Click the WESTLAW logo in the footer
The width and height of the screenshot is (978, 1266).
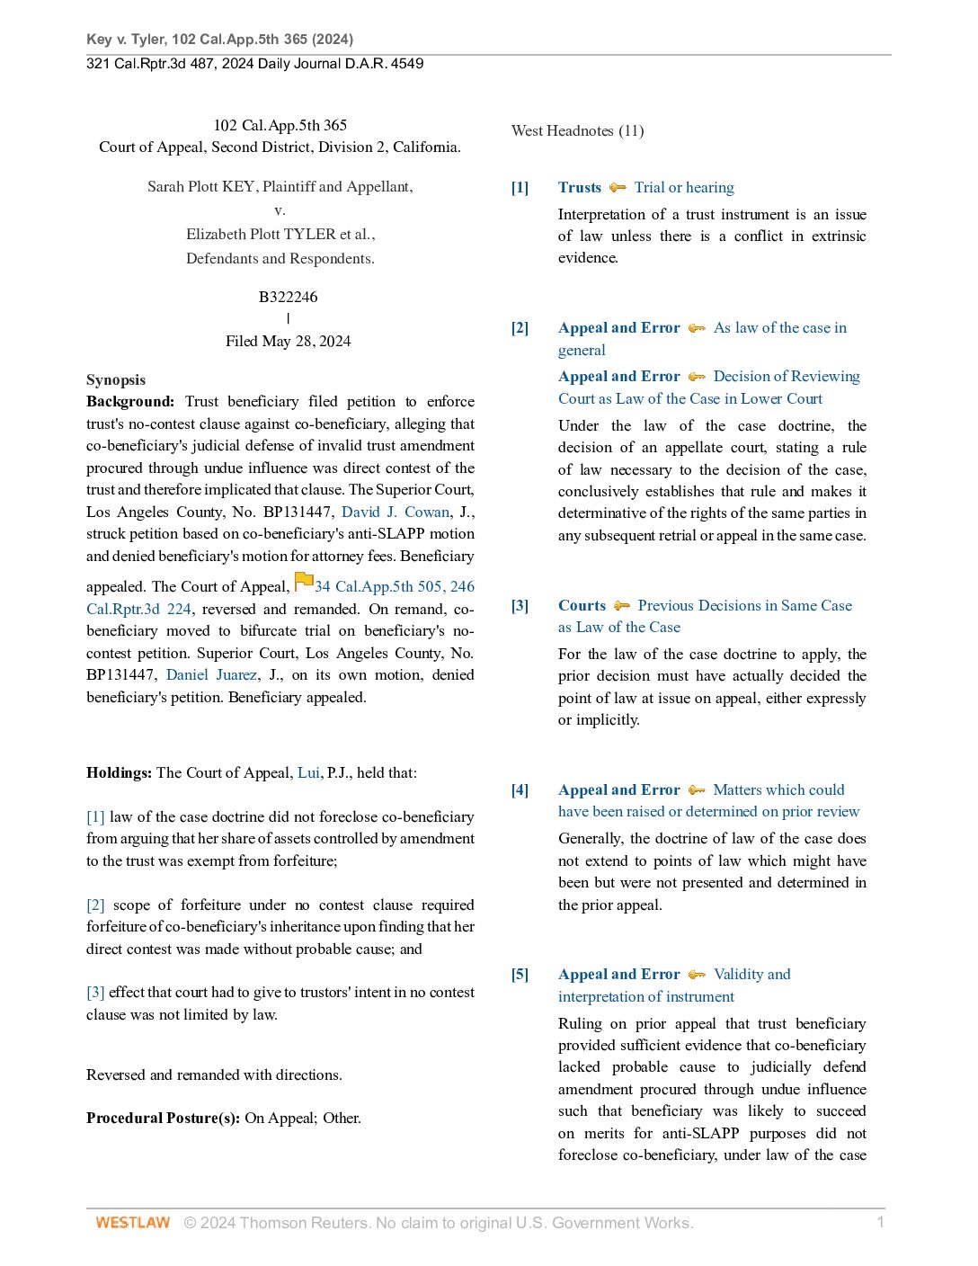(x=132, y=1223)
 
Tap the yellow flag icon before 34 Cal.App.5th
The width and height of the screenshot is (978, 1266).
(x=304, y=582)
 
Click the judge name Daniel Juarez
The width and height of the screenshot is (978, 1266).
(x=211, y=674)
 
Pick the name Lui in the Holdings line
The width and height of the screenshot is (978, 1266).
(x=308, y=772)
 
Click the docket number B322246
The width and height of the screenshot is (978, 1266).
(x=288, y=297)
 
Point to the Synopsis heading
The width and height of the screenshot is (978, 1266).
(x=116, y=379)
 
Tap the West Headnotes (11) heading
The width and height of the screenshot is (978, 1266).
(x=577, y=130)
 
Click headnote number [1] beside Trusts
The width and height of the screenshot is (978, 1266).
(x=520, y=187)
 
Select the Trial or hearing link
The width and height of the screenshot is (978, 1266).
(x=684, y=187)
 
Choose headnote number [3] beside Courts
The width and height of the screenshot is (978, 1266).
(x=520, y=605)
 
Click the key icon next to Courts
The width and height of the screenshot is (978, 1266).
(x=622, y=606)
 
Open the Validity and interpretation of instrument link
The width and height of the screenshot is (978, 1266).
(x=674, y=985)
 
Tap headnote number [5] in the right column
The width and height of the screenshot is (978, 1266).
(x=520, y=974)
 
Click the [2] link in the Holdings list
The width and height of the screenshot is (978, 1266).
(x=95, y=905)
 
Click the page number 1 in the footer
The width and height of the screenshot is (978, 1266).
(x=880, y=1222)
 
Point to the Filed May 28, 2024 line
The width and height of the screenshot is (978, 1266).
(x=288, y=341)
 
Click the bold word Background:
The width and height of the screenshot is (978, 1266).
(x=130, y=401)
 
